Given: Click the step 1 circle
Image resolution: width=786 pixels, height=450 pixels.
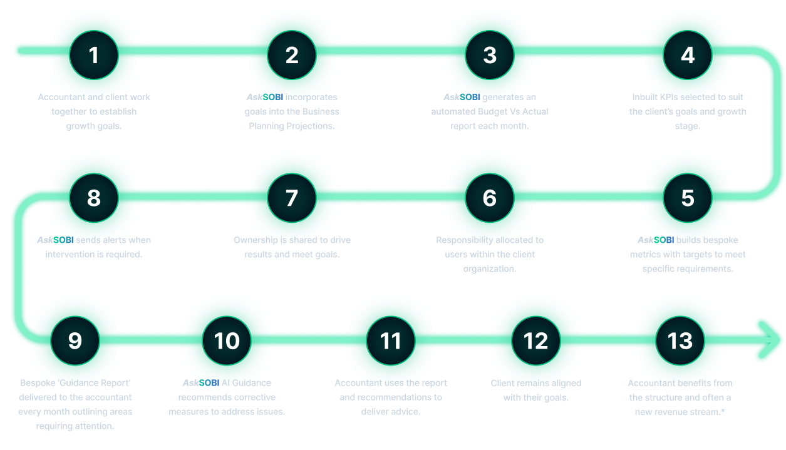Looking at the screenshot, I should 94,55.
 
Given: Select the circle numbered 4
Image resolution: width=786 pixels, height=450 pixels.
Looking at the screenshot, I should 688,55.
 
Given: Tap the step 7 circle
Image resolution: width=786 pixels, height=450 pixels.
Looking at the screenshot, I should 292,198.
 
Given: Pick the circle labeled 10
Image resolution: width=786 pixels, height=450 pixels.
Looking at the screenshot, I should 227,341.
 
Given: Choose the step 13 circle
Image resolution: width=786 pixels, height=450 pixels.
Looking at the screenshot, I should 680,341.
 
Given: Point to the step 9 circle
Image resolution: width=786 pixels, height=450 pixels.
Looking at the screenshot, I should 75,341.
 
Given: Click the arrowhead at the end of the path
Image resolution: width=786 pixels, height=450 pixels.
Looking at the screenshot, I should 768,339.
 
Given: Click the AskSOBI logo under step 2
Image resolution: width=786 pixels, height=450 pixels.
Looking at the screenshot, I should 265,97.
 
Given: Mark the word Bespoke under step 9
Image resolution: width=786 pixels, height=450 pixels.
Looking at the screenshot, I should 38,382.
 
